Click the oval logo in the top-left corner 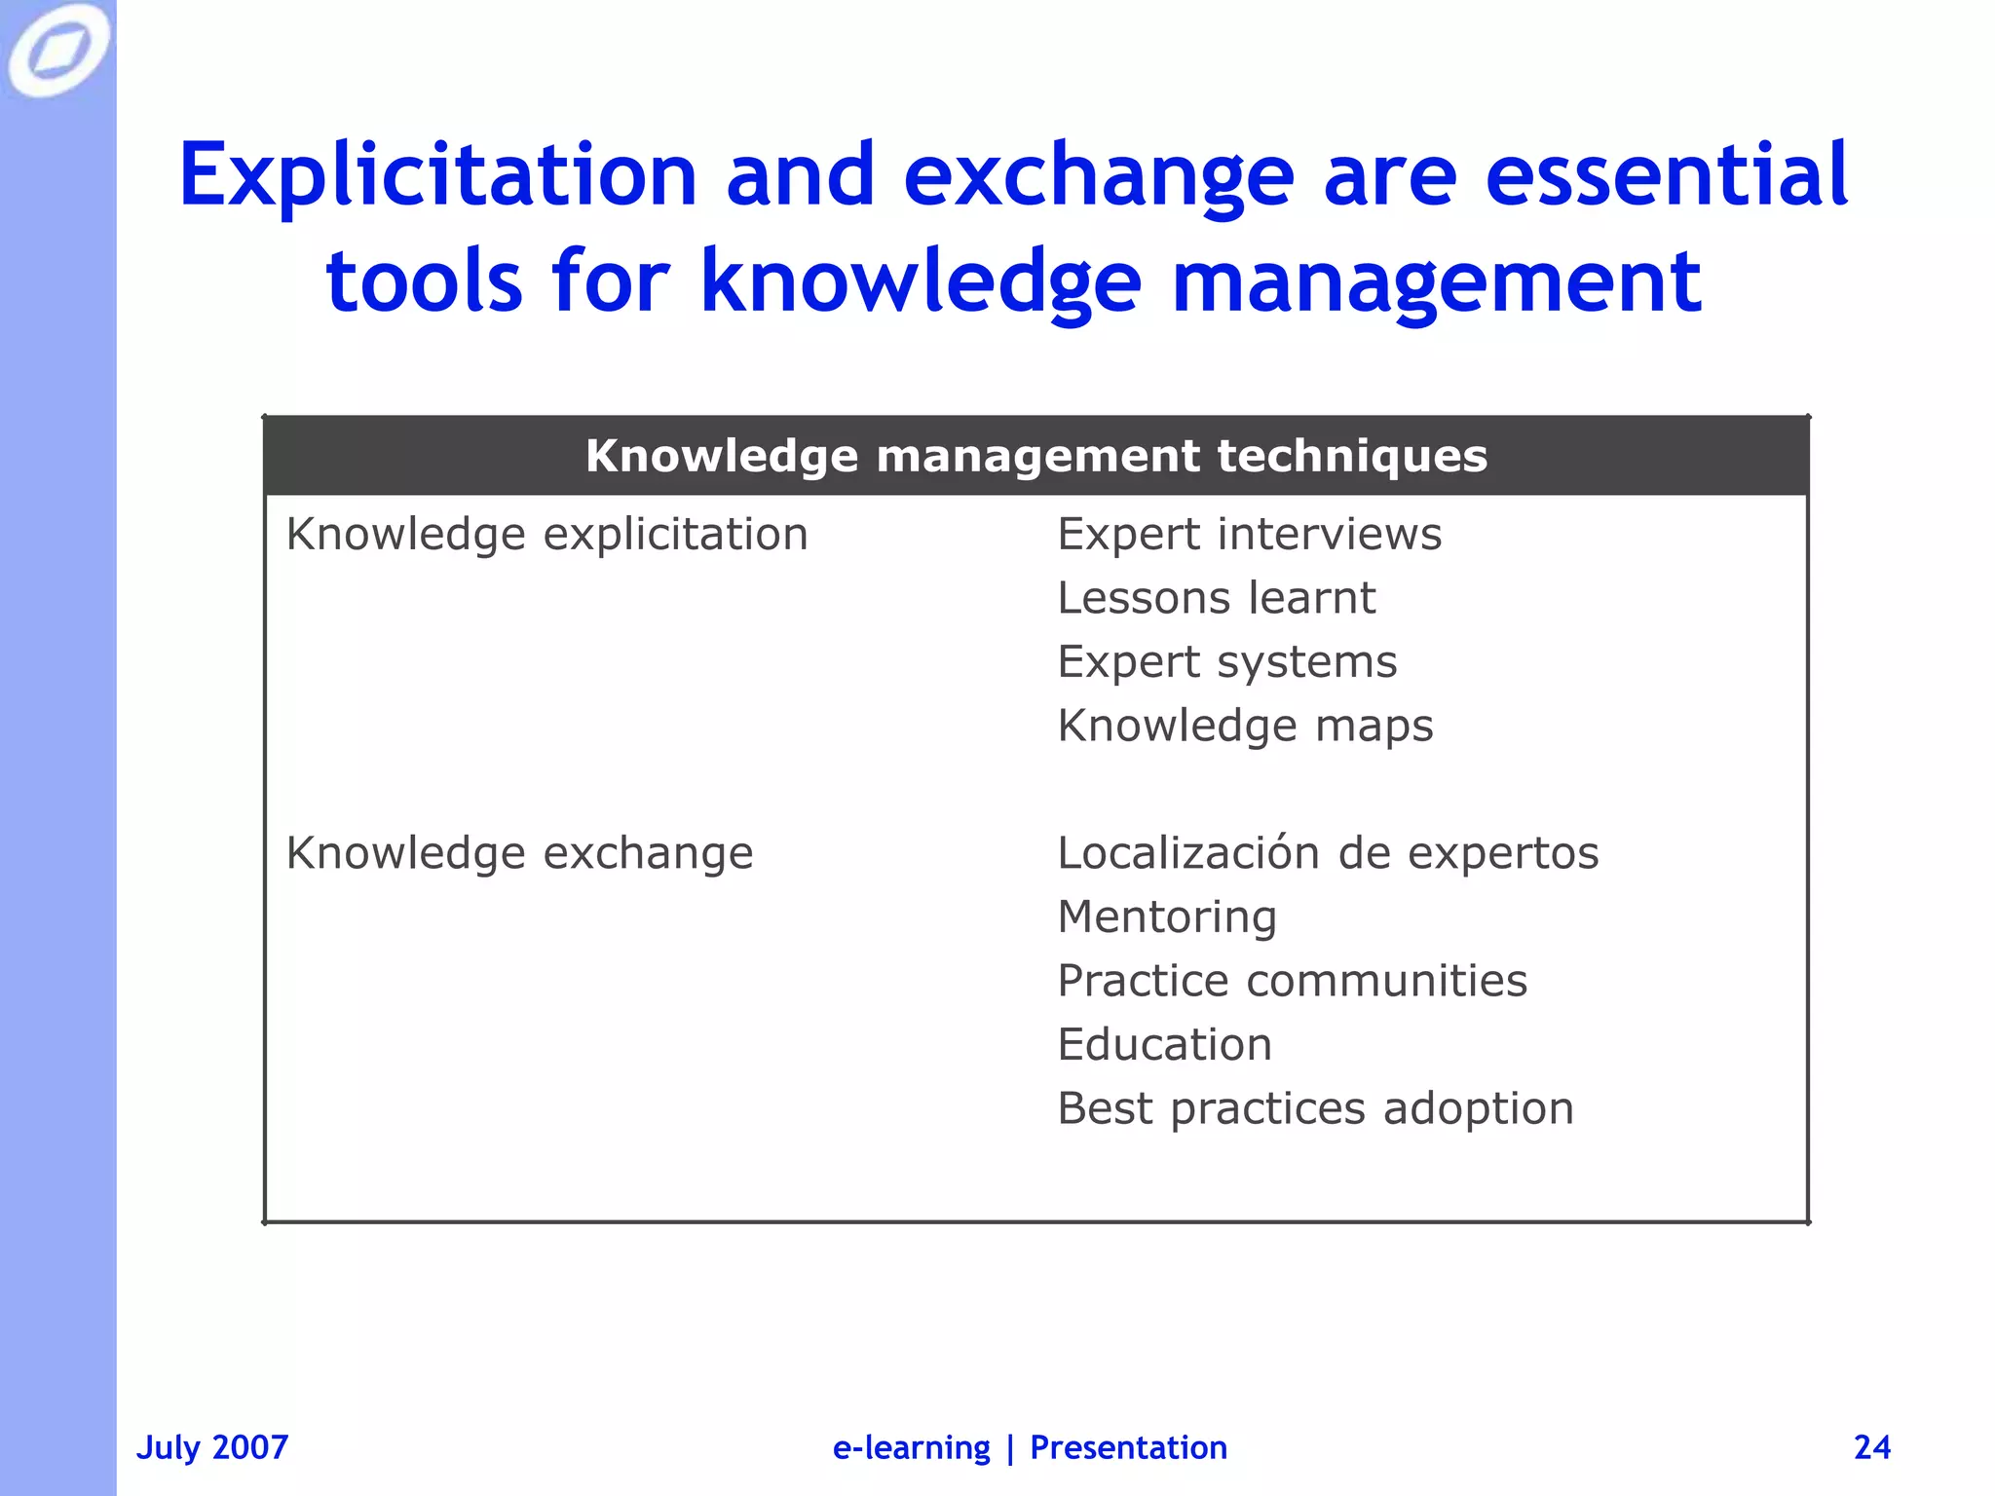pyautogui.click(x=57, y=49)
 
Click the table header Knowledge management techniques pyautogui.click(x=1036, y=456)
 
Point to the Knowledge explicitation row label pyautogui.click(x=546, y=534)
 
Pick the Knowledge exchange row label pyautogui.click(x=519, y=853)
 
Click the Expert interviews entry pyautogui.click(x=1249, y=534)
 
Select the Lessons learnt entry pyautogui.click(x=1216, y=598)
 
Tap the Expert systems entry pyautogui.click(x=1226, y=662)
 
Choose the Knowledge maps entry pyautogui.click(x=1245, y=726)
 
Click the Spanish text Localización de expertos pyautogui.click(x=1328, y=853)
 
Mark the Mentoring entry pyautogui.click(x=1167, y=916)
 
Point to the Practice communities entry pyautogui.click(x=1292, y=981)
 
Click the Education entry pyautogui.click(x=1164, y=1045)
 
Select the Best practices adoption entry pyautogui.click(x=1315, y=1108)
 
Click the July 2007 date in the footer pyautogui.click(x=212, y=1447)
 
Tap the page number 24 pyautogui.click(x=1871, y=1447)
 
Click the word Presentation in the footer pyautogui.click(x=1128, y=1447)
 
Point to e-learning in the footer pyautogui.click(x=911, y=1447)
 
